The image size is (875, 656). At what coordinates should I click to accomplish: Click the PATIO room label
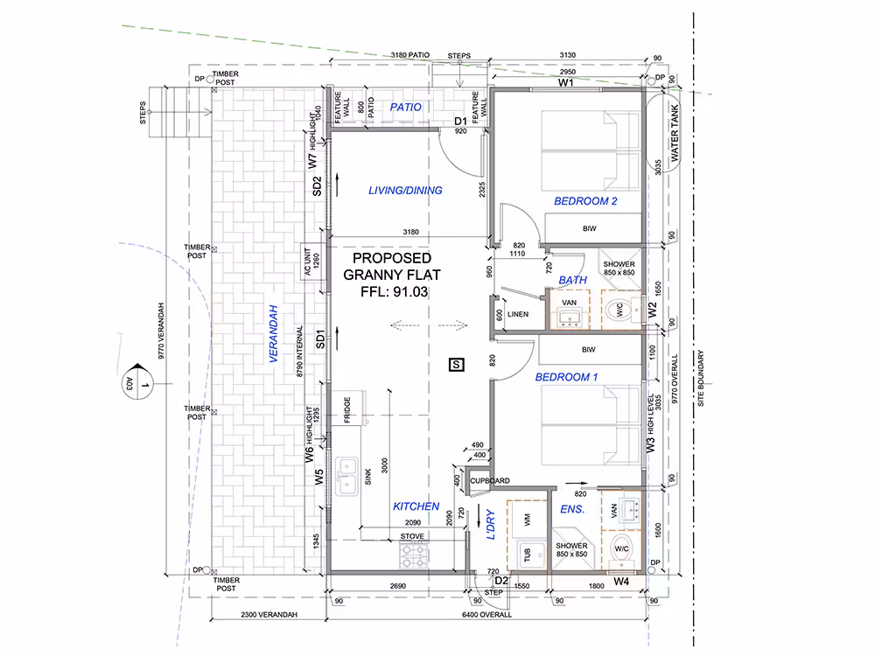[406, 107]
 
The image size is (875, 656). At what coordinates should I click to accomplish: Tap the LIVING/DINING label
[405, 190]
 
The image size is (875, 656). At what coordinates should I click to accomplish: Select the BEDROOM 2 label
[585, 201]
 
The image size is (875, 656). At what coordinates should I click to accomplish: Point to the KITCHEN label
[416, 506]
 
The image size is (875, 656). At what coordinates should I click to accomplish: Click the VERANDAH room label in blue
[273, 333]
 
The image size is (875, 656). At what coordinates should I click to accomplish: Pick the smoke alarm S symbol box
[457, 365]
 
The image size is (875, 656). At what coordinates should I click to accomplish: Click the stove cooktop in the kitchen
[414, 555]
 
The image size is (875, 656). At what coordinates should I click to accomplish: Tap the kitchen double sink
[347, 477]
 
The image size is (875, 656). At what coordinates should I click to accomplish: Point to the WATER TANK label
[675, 133]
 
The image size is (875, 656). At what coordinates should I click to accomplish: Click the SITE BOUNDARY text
[701, 378]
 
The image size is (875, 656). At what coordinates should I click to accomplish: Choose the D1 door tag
[460, 121]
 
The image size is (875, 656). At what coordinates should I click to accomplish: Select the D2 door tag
[501, 581]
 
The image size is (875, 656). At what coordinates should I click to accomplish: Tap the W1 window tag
[566, 82]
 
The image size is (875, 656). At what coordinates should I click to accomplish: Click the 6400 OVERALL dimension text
[486, 615]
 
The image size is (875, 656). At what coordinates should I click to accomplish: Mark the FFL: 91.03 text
[394, 292]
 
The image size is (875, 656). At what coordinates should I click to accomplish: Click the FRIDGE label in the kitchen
[347, 410]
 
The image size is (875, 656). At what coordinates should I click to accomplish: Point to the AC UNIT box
[312, 262]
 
